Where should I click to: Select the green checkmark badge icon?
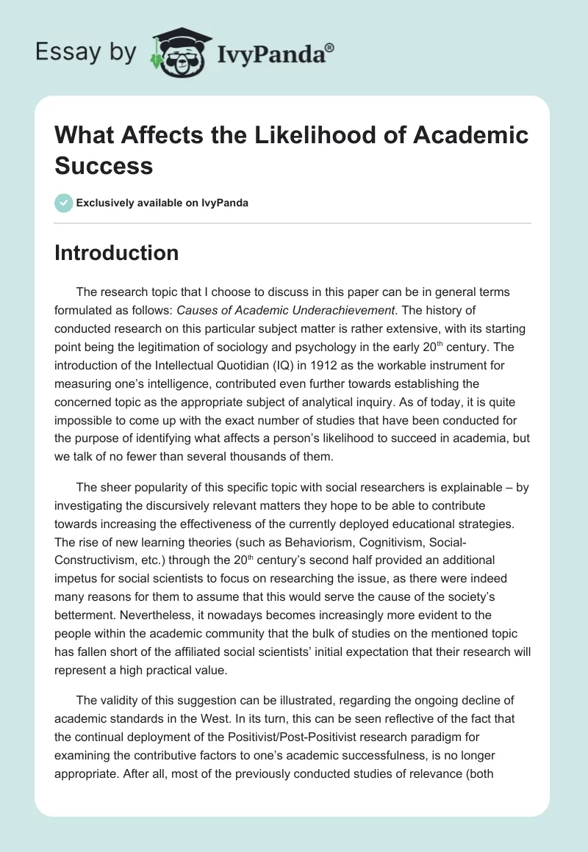click(x=63, y=203)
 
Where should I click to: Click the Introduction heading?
click(x=116, y=253)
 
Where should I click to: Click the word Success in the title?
click(x=104, y=165)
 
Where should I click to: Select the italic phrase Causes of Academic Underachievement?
click(x=287, y=311)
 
